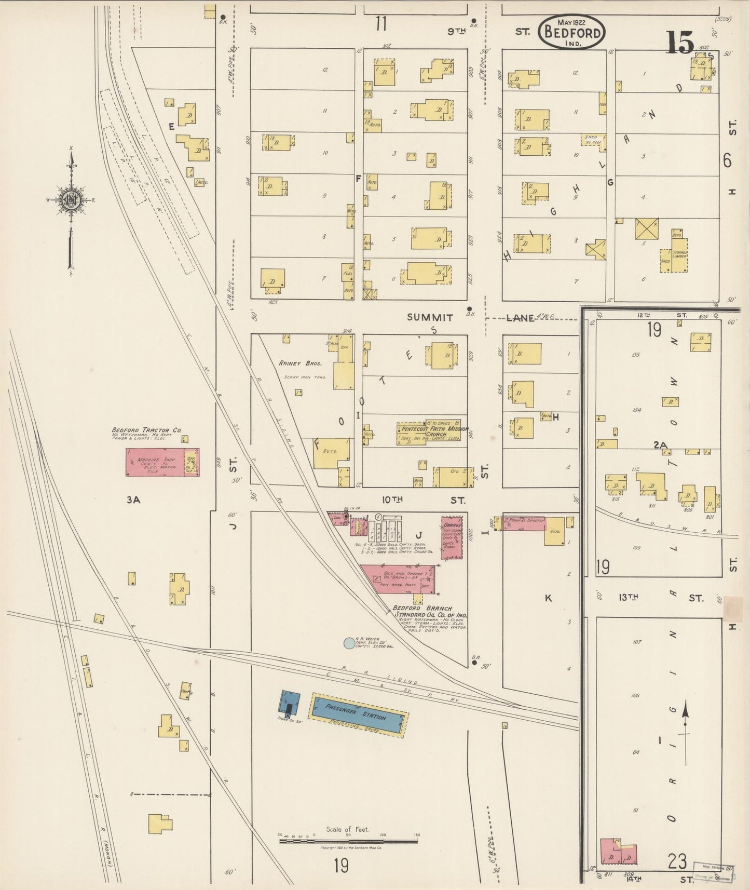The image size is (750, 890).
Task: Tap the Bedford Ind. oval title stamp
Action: [x=571, y=32]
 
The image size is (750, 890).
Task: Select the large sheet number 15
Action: [x=679, y=43]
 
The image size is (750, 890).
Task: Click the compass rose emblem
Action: [x=71, y=199]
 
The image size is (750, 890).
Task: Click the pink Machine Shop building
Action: [x=156, y=462]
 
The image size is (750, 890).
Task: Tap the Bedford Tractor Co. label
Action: [x=146, y=430]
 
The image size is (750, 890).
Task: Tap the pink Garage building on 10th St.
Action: [x=452, y=537]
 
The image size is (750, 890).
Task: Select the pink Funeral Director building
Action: [x=524, y=523]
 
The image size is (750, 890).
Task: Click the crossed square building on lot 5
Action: [x=646, y=229]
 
